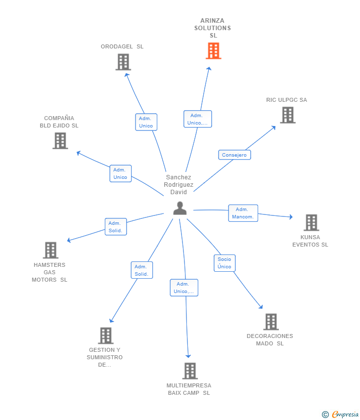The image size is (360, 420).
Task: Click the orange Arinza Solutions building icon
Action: (x=213, y=51)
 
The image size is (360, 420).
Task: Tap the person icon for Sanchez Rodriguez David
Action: (x=180, y=209)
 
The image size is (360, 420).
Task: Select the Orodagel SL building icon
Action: (x=123, y=62)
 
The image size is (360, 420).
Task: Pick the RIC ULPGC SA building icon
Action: (x=287, y=115)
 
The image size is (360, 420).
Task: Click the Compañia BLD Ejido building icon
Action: (x=60, y=141)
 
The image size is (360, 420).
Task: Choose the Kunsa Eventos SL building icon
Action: (x=311, y=223)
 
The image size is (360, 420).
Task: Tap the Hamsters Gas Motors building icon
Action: (x=50, y=251)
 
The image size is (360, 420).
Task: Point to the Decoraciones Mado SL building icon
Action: (x=270, y=322)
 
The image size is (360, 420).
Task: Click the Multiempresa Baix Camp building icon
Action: (x=189, y=371)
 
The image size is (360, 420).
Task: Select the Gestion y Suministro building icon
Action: (x=105, y=336)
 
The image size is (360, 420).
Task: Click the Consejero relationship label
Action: (x=234, y=155)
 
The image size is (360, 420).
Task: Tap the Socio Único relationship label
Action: (x=225, y=263)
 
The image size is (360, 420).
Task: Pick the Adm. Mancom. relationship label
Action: (x=243, y=213)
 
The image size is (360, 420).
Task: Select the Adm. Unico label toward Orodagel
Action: (x=146, y=122)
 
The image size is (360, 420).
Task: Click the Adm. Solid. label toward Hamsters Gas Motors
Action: (x=116, y=227)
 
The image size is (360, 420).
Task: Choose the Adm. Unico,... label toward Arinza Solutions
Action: (x=197, y=119)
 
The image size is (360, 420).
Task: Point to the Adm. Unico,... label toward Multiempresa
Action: (x=184, y=288)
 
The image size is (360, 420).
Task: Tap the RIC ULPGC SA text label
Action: (x=286, y=100)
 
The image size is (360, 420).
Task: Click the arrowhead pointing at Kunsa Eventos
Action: (x=291, y=217)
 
